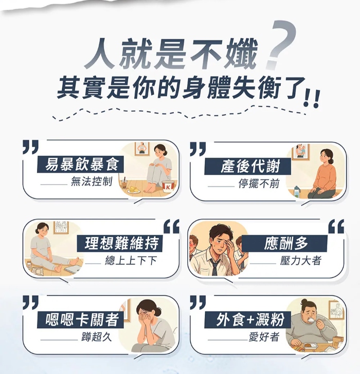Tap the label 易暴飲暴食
tap(82, 164)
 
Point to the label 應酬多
tap(285, 244)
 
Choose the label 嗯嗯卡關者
tap(82, 319)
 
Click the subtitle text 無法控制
tap(92, 182)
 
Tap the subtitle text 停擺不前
tap(259, 184)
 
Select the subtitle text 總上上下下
tap(131, 261)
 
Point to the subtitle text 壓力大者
tap(301, 261)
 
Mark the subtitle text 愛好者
tap(264, 337)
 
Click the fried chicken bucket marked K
tap(168, 187)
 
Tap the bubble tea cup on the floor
tap(124, 183)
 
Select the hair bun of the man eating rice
tap(304, 302)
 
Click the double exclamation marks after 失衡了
tap(311, 98)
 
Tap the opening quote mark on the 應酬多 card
tap(336, 226)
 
